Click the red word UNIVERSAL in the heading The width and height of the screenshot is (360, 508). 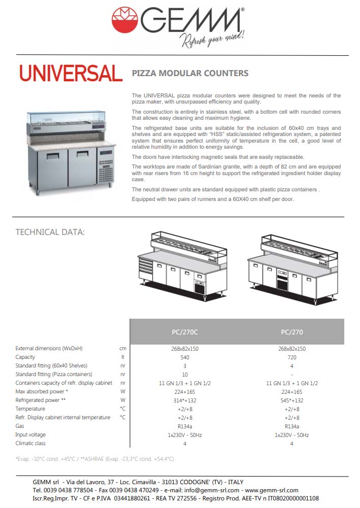pos(71,74)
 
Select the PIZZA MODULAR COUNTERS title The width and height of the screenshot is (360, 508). pos(190,73)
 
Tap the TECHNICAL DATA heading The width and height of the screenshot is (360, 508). pos(50,232)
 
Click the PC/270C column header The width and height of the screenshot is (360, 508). pos(185,332)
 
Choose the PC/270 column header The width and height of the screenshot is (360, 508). pos(291,332)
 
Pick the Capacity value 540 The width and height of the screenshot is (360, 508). pos(185,357)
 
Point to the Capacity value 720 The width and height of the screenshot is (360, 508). pos(291,357)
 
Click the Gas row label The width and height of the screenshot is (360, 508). pos(20,426)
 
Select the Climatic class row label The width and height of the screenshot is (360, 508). pos(30,444)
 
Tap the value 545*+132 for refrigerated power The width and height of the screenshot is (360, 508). pos(291,400)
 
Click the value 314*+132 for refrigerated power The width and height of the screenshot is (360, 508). pos(185,400)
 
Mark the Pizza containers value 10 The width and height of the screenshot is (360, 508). pos(185,375)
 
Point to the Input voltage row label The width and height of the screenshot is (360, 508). pos(30,435)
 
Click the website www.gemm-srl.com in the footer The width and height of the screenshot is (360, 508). pos(272,490)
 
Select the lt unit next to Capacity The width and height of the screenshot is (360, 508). pos(122,357)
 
